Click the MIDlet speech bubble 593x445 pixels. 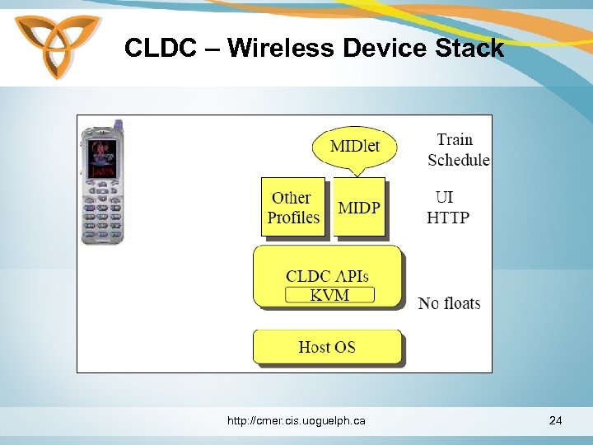[x=355, y=148]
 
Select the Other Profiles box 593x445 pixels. [x=293, y=208]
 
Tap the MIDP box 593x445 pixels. [x=359, y=208]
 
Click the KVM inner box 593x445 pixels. [x=329, y=295]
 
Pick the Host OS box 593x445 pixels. [x=327, y=347]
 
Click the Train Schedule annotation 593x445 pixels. [x=457, y=150]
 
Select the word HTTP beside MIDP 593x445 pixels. [x=448, y=218]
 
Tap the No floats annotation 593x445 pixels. [x=449, y=303]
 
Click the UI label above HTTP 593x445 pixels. [x=444, y=198]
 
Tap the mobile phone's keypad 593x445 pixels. [x=102, y=214]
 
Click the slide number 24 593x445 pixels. [x=556, y=421]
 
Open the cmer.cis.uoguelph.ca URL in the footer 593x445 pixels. [x=296, y=421]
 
